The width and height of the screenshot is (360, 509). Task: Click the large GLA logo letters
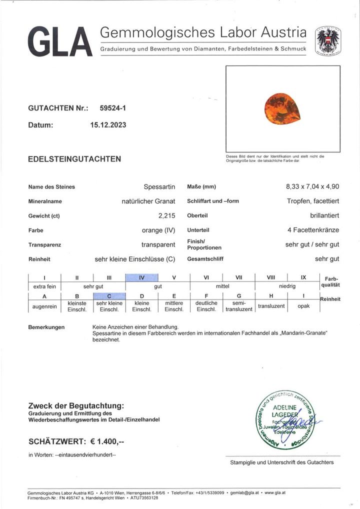click(59, 42)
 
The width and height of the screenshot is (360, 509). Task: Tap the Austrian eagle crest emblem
click(328, 40)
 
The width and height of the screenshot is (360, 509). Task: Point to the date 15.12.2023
click(105, 125)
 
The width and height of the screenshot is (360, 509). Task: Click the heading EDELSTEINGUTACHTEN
click(74, 159)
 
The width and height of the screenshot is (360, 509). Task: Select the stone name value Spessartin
click(159, 187)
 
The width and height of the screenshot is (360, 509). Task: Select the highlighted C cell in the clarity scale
click(109, 296)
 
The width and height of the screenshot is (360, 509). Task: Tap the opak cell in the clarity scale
click(304, 305)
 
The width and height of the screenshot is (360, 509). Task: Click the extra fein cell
click(44, 286)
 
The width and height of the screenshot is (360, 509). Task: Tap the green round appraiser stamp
click(282, 417)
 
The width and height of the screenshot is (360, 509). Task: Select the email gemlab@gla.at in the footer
click(245, 493)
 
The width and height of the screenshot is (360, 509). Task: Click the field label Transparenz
click(45, 245)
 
